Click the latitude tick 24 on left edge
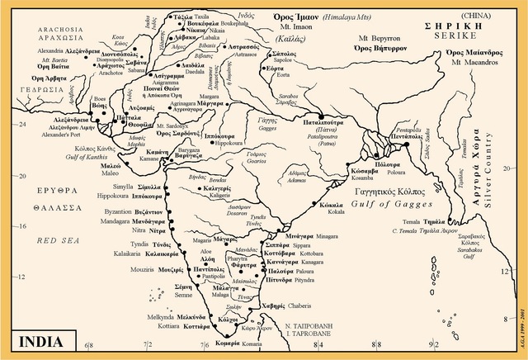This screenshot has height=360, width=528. pos(7,124)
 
